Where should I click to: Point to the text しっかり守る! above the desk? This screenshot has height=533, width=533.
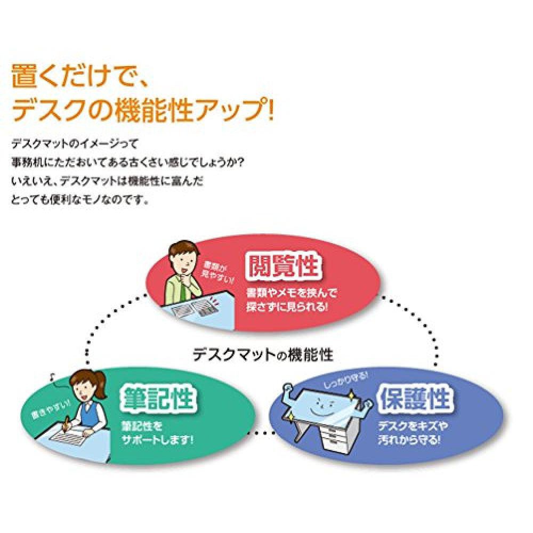[x=329, y=379]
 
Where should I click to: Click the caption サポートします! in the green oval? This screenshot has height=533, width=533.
[x=157, y=441]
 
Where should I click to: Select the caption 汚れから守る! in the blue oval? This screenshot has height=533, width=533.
[x=409, y=440]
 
